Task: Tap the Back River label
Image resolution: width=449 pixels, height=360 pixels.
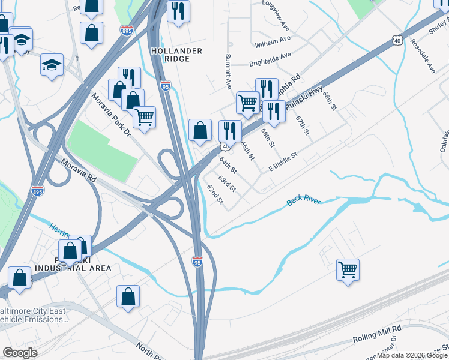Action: coord(304,200)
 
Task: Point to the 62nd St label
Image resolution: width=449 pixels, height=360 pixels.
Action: coord(215,194)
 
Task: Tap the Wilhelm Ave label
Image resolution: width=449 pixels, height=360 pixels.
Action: coord(272,42)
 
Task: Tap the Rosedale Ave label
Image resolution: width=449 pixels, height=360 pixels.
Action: coord(423,56)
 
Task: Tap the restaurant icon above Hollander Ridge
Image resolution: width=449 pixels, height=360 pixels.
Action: coord(178,11)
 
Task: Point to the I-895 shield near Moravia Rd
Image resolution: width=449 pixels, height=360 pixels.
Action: coord(37,191)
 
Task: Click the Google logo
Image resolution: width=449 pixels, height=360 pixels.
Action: coord(20,352)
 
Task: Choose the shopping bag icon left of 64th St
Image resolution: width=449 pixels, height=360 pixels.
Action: coord(200,130)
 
